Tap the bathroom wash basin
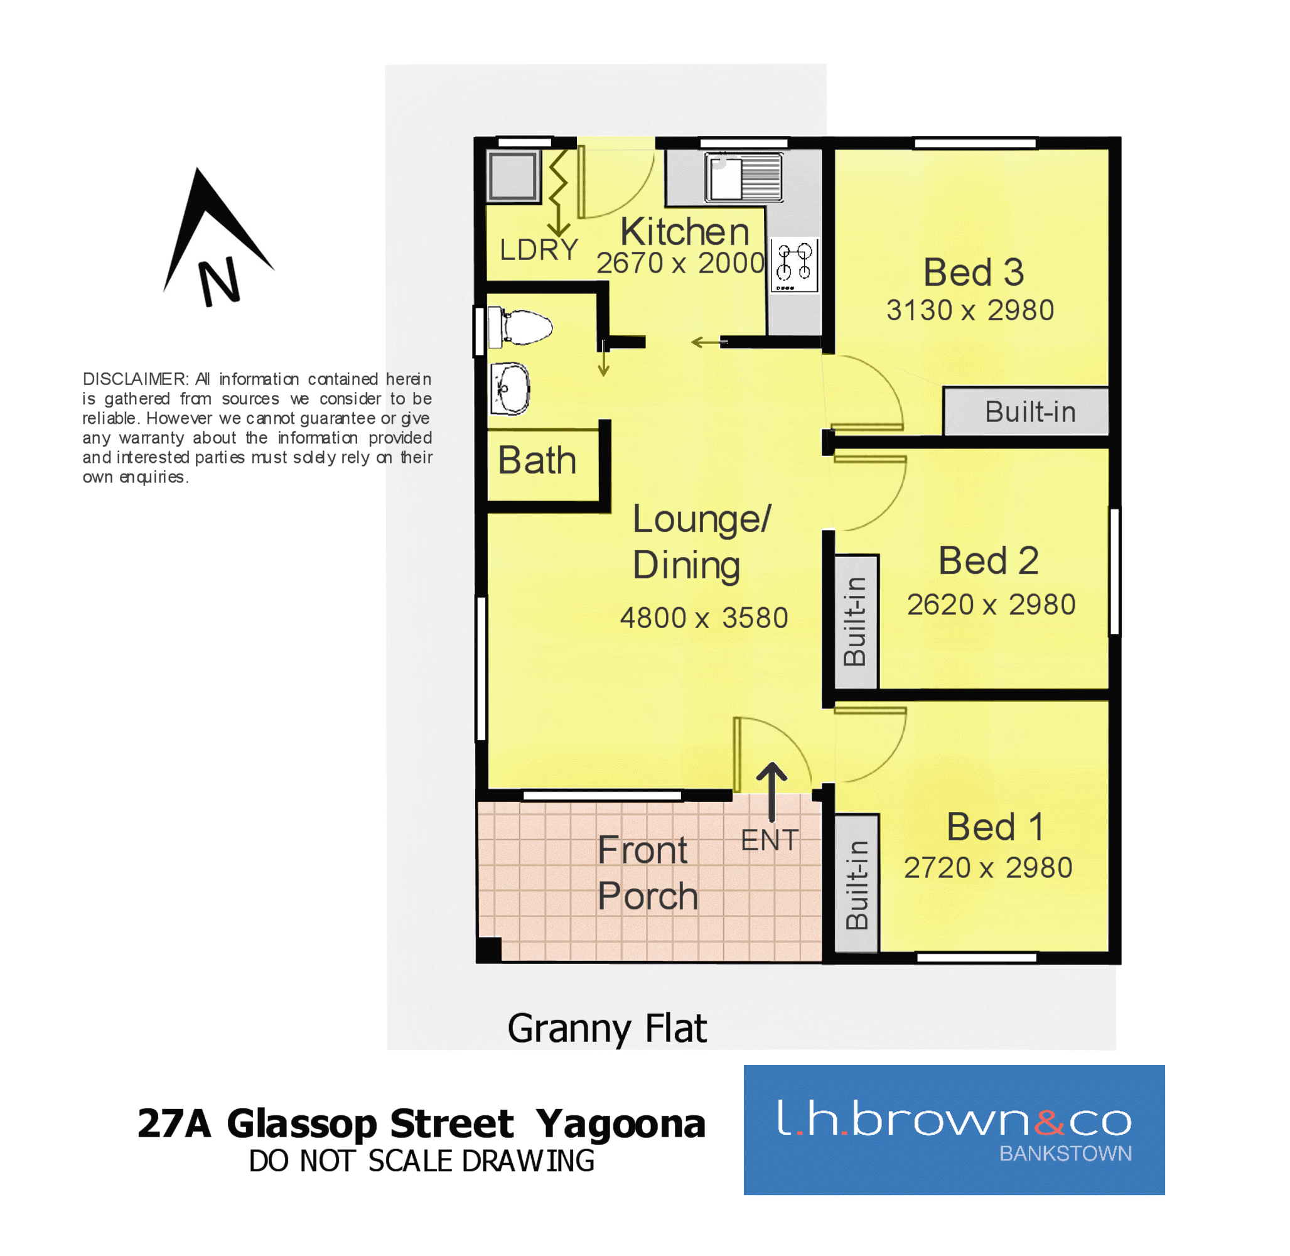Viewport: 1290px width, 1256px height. tap(510, 389)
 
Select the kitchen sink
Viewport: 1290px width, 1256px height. tap(743, 177)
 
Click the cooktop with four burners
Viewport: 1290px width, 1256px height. tap(795, 264)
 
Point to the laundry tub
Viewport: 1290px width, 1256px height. tap(512, 175)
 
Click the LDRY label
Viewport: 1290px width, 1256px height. tap(538, 250)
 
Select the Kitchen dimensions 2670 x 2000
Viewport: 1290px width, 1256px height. tap(680, 263)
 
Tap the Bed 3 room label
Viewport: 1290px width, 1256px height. tap(974, 272)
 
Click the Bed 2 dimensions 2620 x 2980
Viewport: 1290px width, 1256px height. tap(991, 604)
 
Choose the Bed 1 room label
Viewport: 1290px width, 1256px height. tap(995, 826)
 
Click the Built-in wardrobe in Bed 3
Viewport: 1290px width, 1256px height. tap(1026, 411)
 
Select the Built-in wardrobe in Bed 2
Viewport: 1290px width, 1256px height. tap(856, 621)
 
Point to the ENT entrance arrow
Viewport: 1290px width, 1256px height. tap(771, 792)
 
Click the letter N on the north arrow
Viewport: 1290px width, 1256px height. tap(220, 282)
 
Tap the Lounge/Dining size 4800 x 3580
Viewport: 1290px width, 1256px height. tap(704, 618)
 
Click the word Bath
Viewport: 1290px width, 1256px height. tap(537, 460)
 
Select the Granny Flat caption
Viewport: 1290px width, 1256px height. tap(607, 1029)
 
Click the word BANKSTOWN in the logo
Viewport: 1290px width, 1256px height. tap(1065, 1153)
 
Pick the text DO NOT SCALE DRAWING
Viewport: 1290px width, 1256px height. tap(421, 1161)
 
